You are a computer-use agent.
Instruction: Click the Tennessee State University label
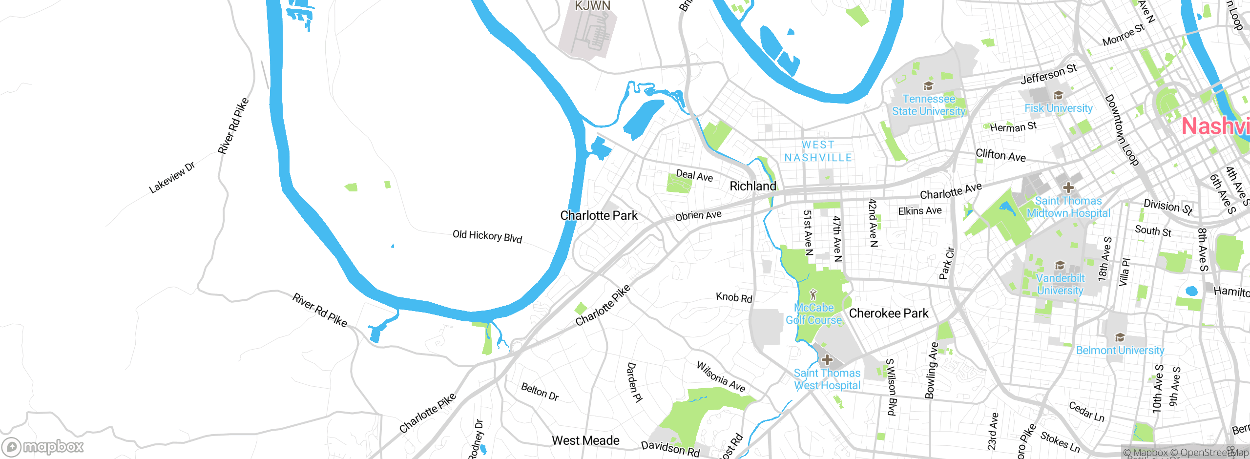[x=928, y=105]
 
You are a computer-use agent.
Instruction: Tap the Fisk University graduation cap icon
[x=1058, y=95]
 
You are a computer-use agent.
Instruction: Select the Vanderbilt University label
[x=1060, y=284]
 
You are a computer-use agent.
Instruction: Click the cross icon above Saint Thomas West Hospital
[x=827, y=360]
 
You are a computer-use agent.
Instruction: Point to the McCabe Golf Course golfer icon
[x=813, y=294]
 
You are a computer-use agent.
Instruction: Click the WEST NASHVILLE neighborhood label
[x=818, y=151]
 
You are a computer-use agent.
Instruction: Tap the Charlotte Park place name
[x=599, y=215]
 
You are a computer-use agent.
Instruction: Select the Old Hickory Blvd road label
[x=487, y=237]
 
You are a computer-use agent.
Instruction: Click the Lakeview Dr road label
[x=172, y=177]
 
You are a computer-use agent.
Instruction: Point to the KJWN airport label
[x=592, y=6]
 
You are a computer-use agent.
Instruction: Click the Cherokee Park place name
[x=889, y=313]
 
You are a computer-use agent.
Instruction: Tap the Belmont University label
[x=1120, y=350]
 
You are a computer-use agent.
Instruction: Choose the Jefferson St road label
[x=1048, y=74]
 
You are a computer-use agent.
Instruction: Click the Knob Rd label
[x=734, y=297]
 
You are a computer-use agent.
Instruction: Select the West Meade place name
[x=585, y=440]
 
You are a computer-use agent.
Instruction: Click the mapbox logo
[x=43, y=446]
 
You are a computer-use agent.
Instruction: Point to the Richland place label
[x=752, y=186]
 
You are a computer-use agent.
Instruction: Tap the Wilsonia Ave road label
[x=721, y=377]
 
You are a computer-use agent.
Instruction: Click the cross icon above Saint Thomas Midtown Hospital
[x=1068, y=188]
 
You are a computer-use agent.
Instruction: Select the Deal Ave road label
[x=694, y=175]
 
